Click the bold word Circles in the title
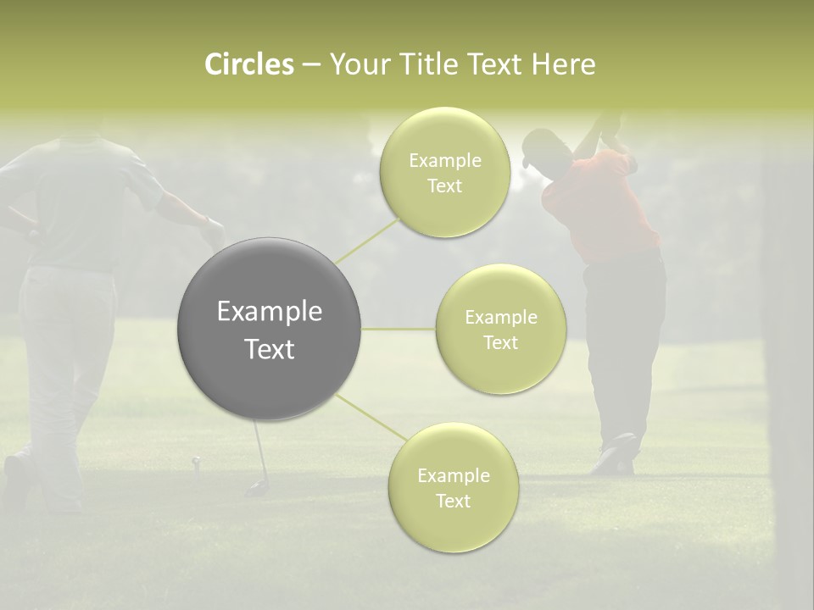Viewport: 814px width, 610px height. coord(248,64)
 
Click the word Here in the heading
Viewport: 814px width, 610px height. coord(563,64)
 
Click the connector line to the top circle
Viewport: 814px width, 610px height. coord(368,241)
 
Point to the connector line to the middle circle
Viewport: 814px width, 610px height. coord(399,329)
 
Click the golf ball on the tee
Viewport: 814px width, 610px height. coord(197,461)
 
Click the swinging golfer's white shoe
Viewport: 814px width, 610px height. coord(616,454)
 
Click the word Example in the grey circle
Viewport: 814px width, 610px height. coord(269,312)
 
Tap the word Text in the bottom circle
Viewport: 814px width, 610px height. coord(453,501)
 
